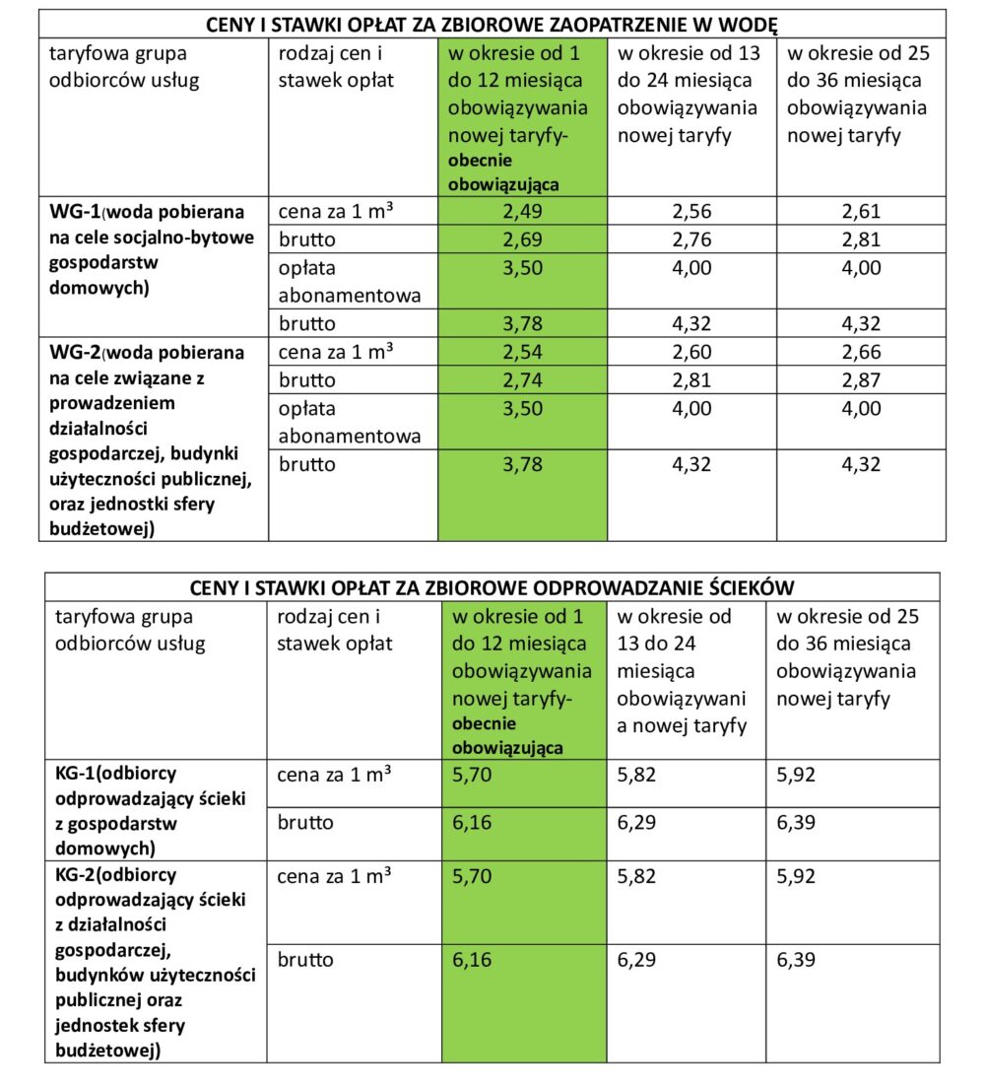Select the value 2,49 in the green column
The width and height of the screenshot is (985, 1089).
(522, 211)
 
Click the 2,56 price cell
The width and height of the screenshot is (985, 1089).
(691, 211)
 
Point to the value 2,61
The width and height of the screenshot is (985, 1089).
(861, 211)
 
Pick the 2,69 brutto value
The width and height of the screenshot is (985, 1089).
(522, 239)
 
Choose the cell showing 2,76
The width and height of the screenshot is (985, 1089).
(691, 239)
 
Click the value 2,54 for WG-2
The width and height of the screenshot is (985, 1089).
(522, 352)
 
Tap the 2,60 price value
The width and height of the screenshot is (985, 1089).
(691, 352)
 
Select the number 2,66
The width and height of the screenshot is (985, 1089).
(861, 352)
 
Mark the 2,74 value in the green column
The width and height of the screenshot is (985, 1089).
(522, 380)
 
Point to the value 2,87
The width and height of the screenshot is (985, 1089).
(861, 380)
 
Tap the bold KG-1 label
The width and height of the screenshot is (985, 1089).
(75, 774)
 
